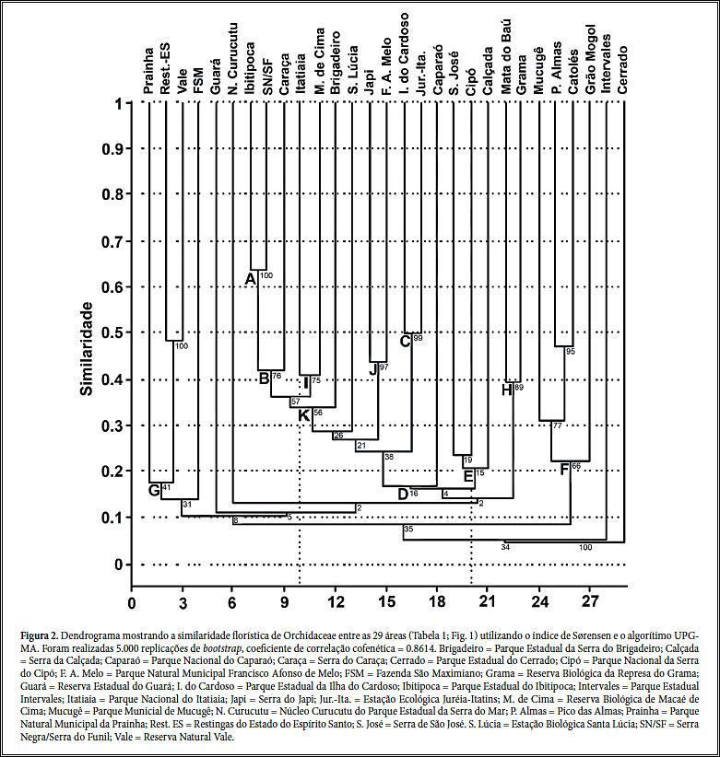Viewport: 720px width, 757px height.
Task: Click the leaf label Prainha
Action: tap(148, 70)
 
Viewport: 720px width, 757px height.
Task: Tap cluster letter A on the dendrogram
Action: tap(249, 279)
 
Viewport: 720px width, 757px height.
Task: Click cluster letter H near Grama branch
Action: tap(506, 390)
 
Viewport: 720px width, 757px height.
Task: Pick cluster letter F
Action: tap(564, 470)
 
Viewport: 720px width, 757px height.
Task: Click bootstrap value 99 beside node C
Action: tap(418, 340)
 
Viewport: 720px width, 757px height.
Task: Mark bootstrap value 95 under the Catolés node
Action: tap(570, 352)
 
